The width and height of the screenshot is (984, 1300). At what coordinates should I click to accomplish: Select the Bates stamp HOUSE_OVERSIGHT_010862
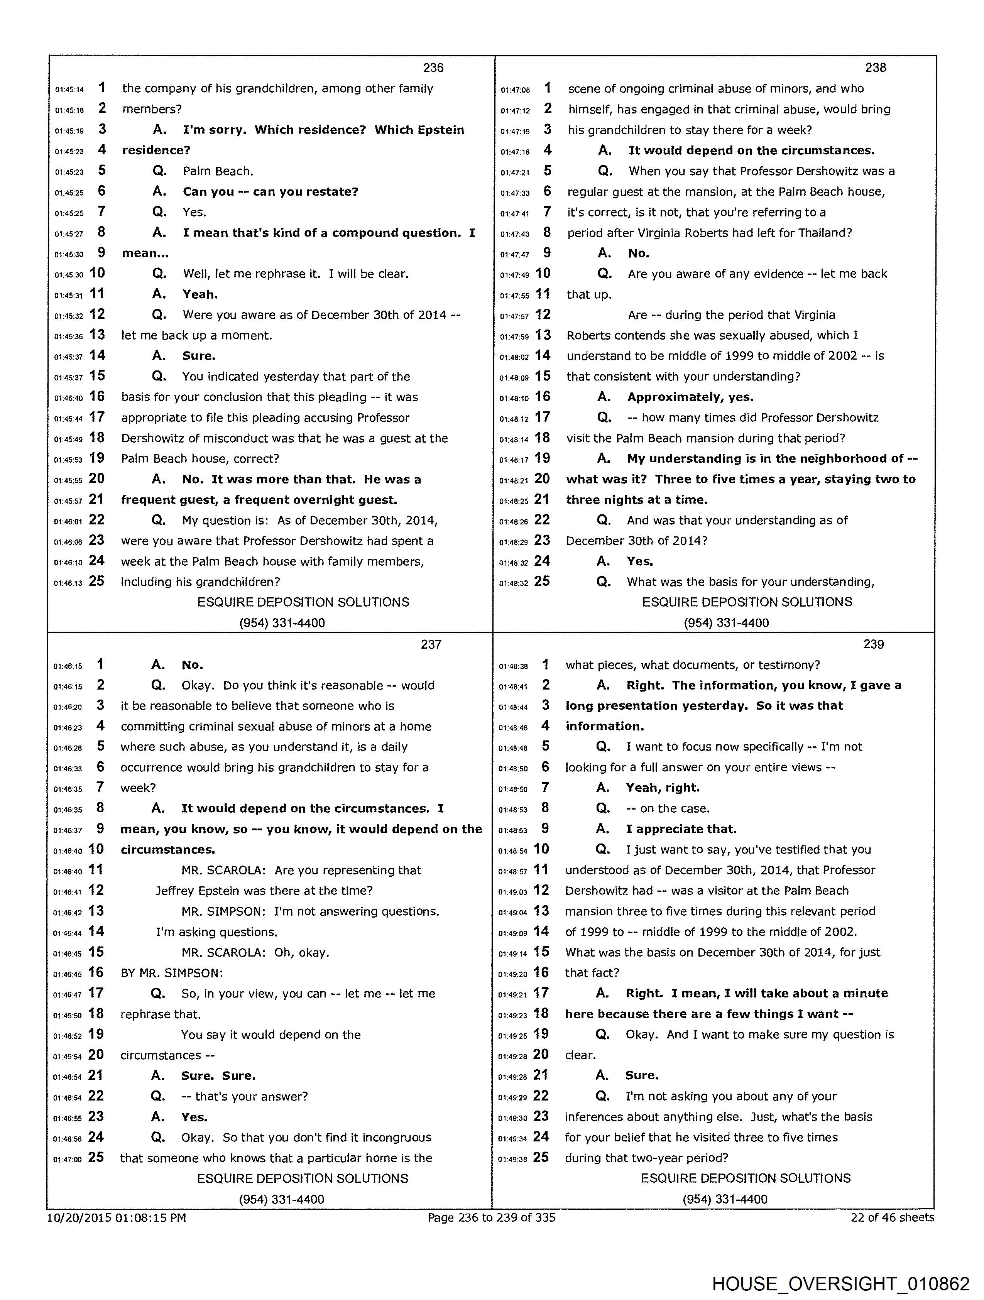tap(840, 1283)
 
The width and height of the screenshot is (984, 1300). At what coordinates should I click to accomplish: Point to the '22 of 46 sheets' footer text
tap(892, 1217)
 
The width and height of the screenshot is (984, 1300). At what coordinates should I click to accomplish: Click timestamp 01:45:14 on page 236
tap(69, 90)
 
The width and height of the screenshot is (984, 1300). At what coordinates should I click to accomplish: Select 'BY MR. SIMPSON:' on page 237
tap(172, 973)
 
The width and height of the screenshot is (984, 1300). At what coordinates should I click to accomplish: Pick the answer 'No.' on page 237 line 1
tap(192, 665)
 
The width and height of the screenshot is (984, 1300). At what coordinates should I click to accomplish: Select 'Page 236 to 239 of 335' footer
tap(491, 1217)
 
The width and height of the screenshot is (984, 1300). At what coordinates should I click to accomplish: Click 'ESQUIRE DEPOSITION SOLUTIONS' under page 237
tap(303, 1178)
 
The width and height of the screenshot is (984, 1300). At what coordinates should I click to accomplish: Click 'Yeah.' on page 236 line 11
tap(200, 294)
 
